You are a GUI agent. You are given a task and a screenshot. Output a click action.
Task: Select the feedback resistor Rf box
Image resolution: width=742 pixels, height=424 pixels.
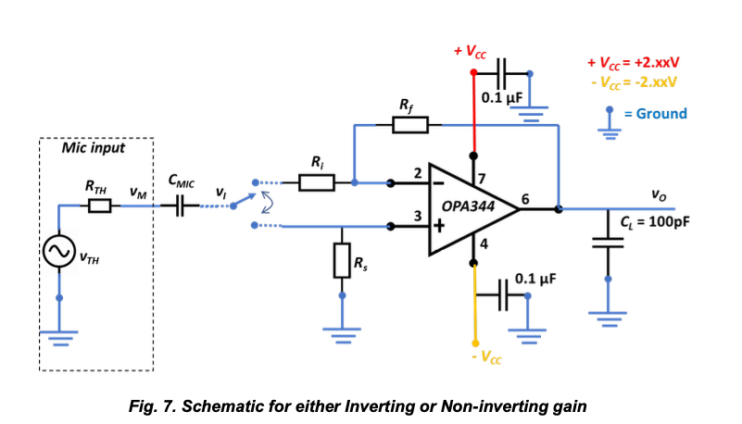(x=409, y=124)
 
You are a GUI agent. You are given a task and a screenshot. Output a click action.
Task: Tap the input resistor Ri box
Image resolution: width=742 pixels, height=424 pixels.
(x=317, y=182)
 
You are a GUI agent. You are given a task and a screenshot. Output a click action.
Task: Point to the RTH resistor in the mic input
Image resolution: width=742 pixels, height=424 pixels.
(x=99, y=206)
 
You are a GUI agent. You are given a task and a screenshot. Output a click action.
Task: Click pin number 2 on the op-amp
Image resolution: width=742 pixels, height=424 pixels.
(x=418, y=172)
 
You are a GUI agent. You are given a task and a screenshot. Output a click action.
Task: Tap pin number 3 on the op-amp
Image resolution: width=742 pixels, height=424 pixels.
(x=418, y=216)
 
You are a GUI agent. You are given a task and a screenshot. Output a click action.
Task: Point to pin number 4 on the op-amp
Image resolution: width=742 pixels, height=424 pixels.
(x=483, y=243)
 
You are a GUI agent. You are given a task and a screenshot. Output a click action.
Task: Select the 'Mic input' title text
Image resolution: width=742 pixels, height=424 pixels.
(x=93, y=148)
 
